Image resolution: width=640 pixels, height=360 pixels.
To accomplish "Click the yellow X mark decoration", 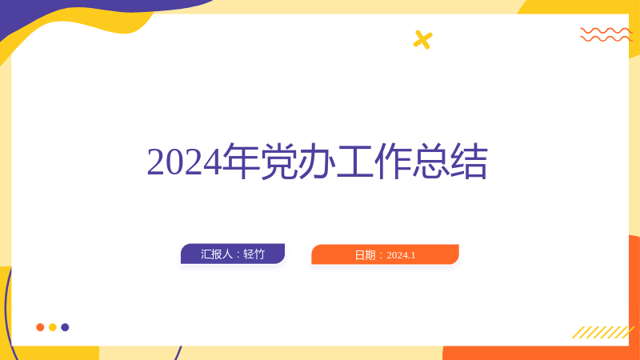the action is [422, 39].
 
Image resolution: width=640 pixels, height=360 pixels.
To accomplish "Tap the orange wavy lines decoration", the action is [606, 34].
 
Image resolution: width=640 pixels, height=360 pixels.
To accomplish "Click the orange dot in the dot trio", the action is [40, 327].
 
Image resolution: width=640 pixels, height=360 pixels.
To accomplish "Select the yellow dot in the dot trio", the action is [53, 327].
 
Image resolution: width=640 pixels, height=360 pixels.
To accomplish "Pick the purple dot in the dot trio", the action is [65, 327].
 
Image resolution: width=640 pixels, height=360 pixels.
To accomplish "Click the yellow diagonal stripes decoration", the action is [603, 332].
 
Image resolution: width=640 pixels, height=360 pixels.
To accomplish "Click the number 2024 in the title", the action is [185, 162].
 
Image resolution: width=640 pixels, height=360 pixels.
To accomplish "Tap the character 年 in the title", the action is [242, 162].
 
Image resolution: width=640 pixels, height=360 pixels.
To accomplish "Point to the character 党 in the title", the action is [278, 162].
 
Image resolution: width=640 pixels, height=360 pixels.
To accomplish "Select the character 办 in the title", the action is [317, 162].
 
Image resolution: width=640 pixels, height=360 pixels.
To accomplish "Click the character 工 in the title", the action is [354, 162].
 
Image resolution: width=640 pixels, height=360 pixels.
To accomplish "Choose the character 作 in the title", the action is [393, 162].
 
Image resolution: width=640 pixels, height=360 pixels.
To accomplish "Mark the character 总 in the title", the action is [430, 162].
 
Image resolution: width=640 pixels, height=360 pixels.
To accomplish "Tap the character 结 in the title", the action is [469, 162].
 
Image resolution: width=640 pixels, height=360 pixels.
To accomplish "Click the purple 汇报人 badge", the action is [233, 254].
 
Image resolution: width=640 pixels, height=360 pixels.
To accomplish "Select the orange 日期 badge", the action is [386, 254].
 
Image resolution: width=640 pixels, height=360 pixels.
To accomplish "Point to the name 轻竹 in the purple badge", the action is [254, 254].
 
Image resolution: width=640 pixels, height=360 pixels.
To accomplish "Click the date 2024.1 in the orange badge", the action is [401, 255].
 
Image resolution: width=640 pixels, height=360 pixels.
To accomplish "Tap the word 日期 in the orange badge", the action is [365, 255].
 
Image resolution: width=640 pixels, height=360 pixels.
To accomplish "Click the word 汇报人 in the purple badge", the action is [216, 254].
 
